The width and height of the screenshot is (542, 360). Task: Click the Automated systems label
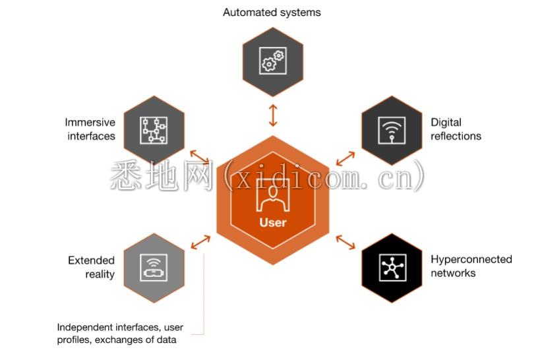click(x=272, y=12)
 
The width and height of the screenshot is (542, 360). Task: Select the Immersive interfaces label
click(x=90, y=129)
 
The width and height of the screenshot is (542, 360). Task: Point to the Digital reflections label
click(x=456, y=129)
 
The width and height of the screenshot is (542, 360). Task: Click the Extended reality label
click(x=91, y=267)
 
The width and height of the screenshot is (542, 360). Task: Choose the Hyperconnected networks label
click(x=471, y=266)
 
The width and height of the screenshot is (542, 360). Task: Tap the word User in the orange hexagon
click(x=272, y=222)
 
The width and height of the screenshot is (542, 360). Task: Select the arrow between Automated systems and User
click(x=272, y=114)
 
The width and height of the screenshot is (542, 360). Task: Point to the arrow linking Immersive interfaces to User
click(x=199, y=157)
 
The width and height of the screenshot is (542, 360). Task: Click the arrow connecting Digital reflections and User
click(x=346, y=158)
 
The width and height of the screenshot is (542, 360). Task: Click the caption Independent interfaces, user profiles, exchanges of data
click(x=119, y=334)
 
